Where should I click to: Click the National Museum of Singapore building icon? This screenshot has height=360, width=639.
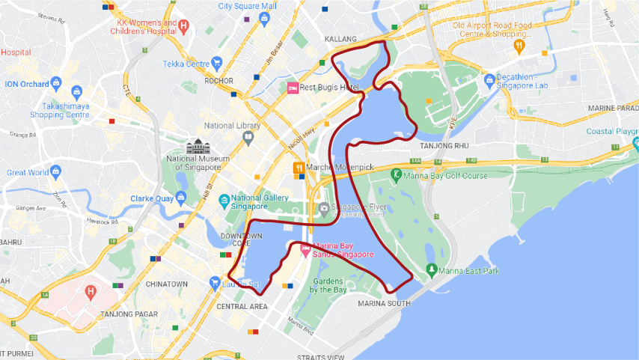coord(199,145)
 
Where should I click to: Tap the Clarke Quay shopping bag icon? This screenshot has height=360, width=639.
coord(180,198)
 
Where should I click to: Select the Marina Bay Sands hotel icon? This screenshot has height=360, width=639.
coord(305,249)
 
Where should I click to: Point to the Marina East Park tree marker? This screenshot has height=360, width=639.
coord(431,269)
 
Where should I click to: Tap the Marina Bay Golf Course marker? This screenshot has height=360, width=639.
coord(396,175)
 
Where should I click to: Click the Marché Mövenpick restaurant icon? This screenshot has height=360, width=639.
coord(298,168)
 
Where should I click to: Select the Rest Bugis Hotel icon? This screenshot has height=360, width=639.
coord(293,88)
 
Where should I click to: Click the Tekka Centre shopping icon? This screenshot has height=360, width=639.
coord(217,63)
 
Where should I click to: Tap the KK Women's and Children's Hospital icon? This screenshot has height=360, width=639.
coord(184,26)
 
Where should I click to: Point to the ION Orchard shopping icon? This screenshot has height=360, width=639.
coord(56,84)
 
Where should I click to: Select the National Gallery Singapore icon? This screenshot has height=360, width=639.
coord(224,201)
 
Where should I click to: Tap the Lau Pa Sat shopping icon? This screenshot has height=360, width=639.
coord(215,284)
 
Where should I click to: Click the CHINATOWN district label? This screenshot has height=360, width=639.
coord(166,284)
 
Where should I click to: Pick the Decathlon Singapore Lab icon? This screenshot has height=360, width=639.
coord(490,79)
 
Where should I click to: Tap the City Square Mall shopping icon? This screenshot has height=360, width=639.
coord(264,17)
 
